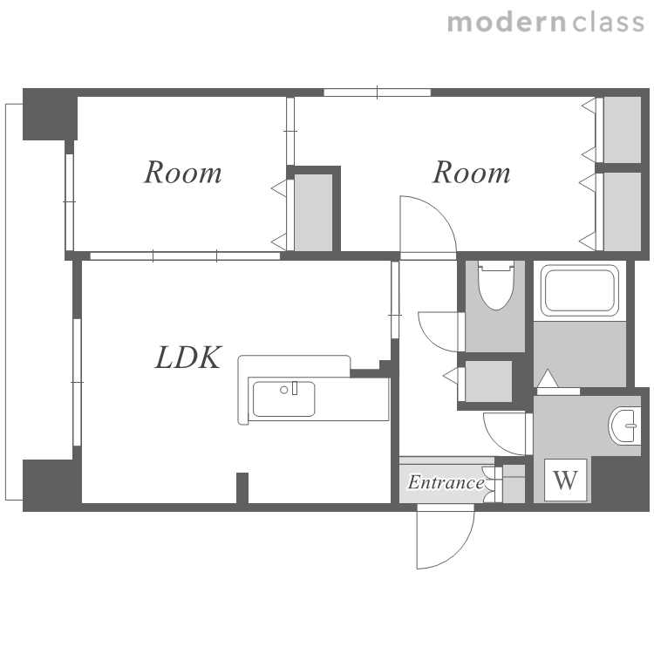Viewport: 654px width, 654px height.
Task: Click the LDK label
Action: (x=187, y=358)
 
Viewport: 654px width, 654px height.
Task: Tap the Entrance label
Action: (x=446, y=482)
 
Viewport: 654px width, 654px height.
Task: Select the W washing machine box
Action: (x=565, y=480)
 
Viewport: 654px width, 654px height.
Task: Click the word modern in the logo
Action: (x=507, y=23)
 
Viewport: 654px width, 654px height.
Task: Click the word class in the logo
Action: (x=608, y=23)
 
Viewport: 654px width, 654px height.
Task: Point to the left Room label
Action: (x=183, y=173)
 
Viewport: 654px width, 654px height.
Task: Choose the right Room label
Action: (x=471, y=173)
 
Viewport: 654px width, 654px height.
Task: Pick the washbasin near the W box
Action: (x=624, y=426)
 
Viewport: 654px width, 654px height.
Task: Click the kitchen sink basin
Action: (x=283, y=399)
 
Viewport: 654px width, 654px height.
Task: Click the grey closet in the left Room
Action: (x=314, y=213)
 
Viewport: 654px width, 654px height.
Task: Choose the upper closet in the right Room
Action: (x=623, y=130)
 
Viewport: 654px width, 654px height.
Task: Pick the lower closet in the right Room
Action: (x=623, y=212)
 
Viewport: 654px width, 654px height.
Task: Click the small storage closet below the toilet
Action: (x=488, y=381)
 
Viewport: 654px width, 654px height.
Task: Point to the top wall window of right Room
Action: (x=377, y=92)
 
